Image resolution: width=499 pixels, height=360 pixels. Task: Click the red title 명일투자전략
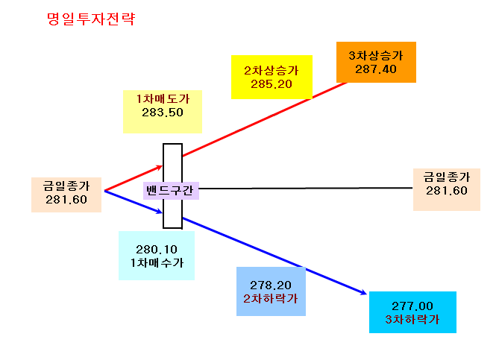point(91,19)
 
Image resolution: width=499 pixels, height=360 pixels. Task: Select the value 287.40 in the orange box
point(376,69)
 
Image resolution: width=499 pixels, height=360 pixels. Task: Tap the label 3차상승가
point(376,56)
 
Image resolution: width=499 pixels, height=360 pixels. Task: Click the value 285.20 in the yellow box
point(272,84)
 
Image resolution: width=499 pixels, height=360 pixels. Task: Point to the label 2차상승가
point(272,70)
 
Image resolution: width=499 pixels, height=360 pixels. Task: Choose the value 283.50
point(163,113)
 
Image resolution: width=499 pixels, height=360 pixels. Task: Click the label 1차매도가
point(163,98)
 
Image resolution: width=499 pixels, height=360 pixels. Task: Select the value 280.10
point(156,250)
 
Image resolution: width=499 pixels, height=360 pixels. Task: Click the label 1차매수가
point(157,262)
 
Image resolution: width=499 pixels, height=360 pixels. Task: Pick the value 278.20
point(271,285)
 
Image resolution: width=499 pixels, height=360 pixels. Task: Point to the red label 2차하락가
point(271,298)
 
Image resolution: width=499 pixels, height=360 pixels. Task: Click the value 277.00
point(412,306)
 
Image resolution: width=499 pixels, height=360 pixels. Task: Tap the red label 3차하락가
point(412,319)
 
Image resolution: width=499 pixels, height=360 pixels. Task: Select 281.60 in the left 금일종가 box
point(66,200)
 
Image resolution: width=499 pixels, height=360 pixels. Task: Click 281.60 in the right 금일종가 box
point(447,191)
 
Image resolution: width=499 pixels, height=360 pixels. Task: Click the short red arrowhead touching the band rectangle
point(159,167)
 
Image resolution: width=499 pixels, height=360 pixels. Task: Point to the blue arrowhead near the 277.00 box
point(363,292)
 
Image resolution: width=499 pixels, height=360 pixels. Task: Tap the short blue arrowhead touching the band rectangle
point(159,211)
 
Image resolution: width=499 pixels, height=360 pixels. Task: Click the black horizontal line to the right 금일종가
point(306,189)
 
